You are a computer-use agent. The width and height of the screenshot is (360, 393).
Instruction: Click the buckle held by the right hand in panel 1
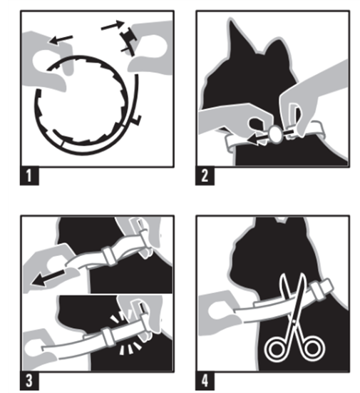129,39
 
